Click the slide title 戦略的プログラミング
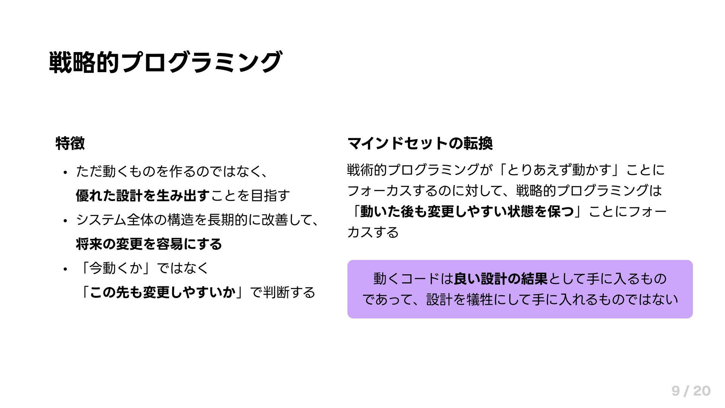pyautogui.click(x=165, y=62)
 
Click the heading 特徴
pyautogui.click(x=70, y=143)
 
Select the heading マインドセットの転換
pyautogui.click(x=420, y=143)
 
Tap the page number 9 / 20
pyautogui.click(x=691, y=391)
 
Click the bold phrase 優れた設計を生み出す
pyautogui.click(x=142, y=196)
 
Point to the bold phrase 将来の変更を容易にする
pyautogui.click(x=149, y=244)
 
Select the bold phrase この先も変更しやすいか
pyautogui.click(x=163, y=292)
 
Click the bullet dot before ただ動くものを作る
pyautogui.click(x=65, y=173)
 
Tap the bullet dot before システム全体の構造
pyautogui.click(x=65, y=221)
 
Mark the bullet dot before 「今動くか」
pyautogui.click(x=65, y=269)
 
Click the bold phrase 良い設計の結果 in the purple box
pyautogui.click(x=500, y=279)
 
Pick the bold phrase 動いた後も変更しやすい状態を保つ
pyautogui.click(x=467, y=212)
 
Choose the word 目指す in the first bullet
pyautogui.click(x=271, y=196)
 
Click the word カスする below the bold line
pyautogui.click(x=373, y=232)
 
